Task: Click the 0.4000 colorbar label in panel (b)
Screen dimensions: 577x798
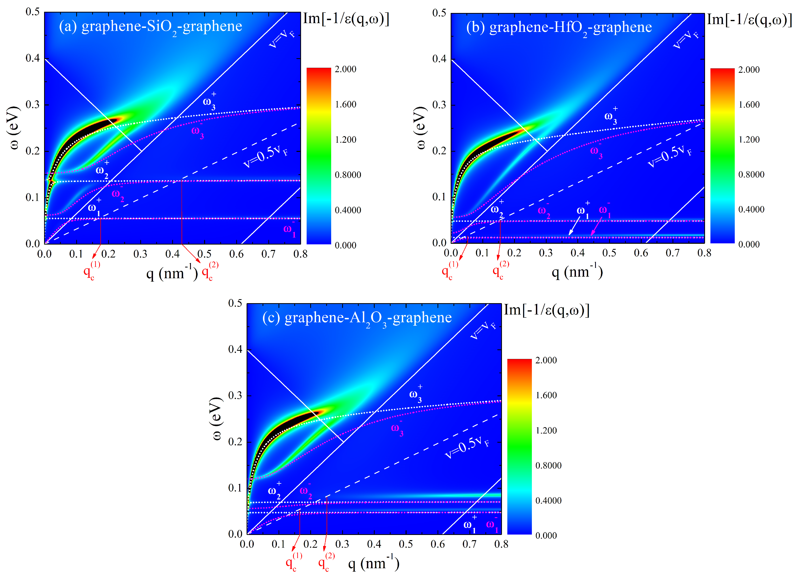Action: point(751,209)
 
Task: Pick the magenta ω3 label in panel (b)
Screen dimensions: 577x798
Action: point(596,151)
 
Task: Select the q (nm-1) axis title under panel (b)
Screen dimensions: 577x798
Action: point(577,272)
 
